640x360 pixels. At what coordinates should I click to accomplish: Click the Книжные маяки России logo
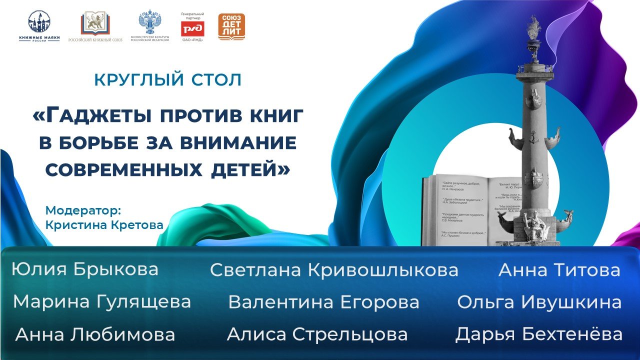click(x=39, y=26)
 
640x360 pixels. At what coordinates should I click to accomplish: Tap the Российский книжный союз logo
click(x=95, y=26)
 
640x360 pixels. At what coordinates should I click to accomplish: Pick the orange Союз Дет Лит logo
click(x=231, y=26)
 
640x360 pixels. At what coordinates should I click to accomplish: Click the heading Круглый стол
click(x=168, y=79)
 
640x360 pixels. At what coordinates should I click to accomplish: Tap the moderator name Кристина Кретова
click(x=104, y=225)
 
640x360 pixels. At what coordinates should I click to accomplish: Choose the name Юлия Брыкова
click(x=85, y=269)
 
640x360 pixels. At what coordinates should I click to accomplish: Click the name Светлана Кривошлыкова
click(x=334, y=270)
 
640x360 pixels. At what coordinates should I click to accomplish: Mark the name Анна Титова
click(x=559, y=270)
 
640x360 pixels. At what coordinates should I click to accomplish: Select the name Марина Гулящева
click(x=102, y=302)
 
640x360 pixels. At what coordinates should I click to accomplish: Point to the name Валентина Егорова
click(x=323, y=302)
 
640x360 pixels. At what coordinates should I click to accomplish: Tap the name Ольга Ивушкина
click(x=539, y=302)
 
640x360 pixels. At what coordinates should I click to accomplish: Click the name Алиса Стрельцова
click(x=317, y=334)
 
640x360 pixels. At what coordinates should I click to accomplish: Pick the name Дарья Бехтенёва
click(x=538, y=334)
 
